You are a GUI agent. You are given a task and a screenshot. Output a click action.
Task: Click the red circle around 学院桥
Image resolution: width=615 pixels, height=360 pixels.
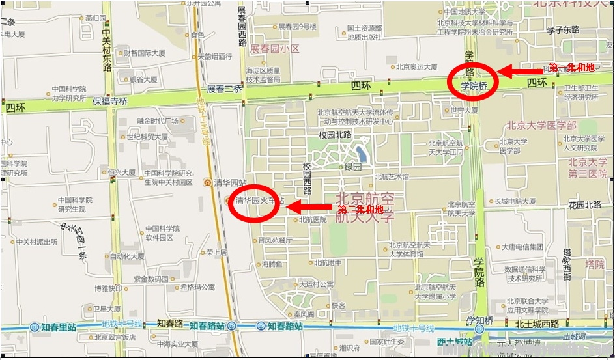click(x=473, y=81)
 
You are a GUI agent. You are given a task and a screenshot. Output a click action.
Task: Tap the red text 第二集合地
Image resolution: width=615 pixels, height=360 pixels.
click(x=360, y=210)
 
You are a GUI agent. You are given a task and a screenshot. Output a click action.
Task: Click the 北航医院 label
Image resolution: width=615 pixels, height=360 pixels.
click(x=313, y=220)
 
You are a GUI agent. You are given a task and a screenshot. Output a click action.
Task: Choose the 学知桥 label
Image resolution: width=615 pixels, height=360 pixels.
click(x=480, y=320)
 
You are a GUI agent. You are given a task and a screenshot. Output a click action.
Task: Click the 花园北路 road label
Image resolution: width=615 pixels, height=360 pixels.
click(x=584, y=204)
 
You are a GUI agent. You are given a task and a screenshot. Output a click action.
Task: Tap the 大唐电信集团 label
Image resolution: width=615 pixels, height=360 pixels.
click(x=522, y=247)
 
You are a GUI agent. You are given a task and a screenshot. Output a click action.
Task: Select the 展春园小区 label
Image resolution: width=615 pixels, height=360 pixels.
click(x=274, y=49)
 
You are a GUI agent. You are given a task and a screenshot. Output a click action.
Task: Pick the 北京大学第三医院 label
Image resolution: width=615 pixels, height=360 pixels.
click(x=588, y=167)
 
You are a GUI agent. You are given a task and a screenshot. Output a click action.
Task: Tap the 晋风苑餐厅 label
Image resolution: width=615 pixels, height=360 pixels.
click(x=275, y=240)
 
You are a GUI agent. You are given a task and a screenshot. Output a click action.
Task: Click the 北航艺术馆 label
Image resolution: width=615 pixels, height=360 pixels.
click(x=392, y=177)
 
